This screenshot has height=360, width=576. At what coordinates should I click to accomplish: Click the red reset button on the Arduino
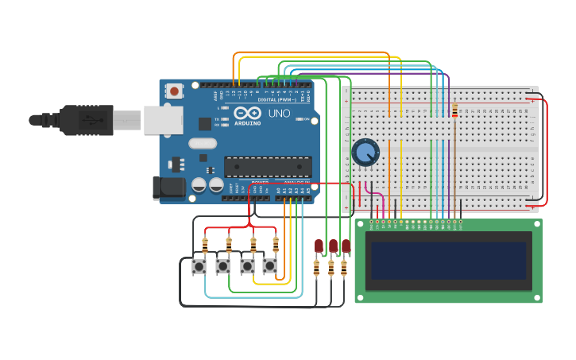(x=174, y=91)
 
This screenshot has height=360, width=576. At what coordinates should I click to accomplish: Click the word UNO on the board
(x=279, y=114)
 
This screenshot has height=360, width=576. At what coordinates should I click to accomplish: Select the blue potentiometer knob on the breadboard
(x=365, y=152)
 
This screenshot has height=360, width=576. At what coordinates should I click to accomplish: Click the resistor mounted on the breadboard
(x=454, y=111)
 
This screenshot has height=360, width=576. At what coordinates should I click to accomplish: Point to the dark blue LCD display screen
(x=448, y=261)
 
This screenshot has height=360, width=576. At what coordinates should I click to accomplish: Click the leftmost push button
(x=199, y=267)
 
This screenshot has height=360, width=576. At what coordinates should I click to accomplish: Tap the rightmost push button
(x=270, y=266)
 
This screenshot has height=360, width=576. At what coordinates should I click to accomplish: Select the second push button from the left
(x=223, y=266)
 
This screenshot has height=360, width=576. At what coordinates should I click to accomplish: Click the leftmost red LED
(x=319, y=246)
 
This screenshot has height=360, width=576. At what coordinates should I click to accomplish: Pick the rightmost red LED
(x=346, y=246)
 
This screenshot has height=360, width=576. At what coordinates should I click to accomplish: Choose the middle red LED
(x=333, y=246)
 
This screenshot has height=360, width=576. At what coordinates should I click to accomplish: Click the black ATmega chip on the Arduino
(x=267, y=166)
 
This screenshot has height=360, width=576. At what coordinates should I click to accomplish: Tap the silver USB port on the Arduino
(x=164, y=121)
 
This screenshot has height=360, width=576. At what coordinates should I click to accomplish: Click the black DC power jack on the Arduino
(x=168, y=188)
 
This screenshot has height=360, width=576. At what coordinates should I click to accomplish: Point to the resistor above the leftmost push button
(x=205, y=246)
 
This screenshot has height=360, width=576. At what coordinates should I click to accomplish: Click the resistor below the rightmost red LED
(x=344, y=269)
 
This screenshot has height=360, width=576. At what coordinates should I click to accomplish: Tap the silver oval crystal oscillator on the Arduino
(x=203, y=144)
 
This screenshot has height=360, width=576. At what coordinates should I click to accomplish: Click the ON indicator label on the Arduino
(x=305, y=119)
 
